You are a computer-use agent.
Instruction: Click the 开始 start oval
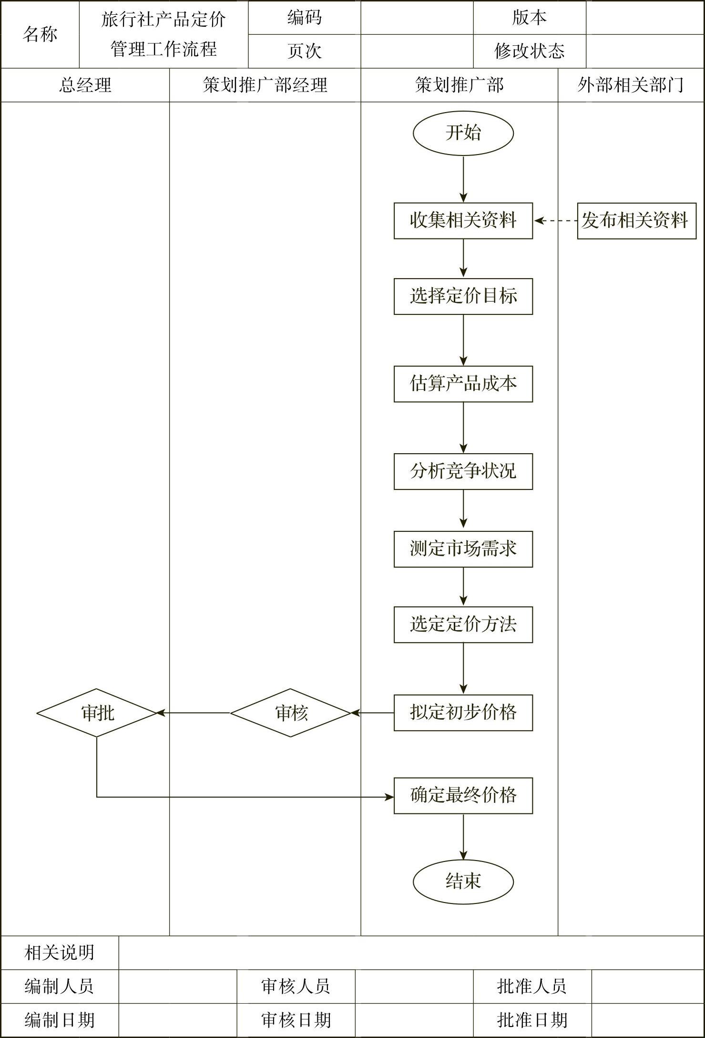pyautogui.click(x=463, y=133)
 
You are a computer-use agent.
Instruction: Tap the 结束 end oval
pyautogui.click(x=463, y=881)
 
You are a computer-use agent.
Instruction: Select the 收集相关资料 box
pyautogui.click(x=463, y=220)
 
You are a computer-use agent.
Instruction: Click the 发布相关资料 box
pyautogui.click(x=636, y=220)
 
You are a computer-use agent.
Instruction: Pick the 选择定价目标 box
pyautogui.click(x=463, y=296)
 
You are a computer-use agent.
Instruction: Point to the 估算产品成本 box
pyautogui.click(x=463, y=384)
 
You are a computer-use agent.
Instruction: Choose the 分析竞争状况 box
pyautogui.click(x=463, y=471)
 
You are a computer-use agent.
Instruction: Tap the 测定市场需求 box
pyautogui.click(x=463, y=549)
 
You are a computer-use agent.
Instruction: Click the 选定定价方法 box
pyautogui.click(x=463, y=624)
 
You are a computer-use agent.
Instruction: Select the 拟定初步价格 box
pyautogui.click(x=463, y=713)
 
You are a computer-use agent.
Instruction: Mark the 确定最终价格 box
pyautogui.click(x=463, y=795)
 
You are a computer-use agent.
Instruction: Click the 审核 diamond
pyautogui.click(x=291, y=713)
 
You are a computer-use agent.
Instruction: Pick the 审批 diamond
pyautogui.click(x=97, y=713)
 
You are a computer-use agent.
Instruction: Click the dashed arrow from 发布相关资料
pyautogui.click(x=555, y=220)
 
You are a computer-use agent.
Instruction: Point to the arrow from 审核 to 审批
pyautogui.click(x=194, y=713)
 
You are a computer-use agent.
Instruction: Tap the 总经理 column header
pyautogui.click(x=85, y=85)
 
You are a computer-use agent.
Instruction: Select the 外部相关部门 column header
pyautogui.click(x=631, y=85)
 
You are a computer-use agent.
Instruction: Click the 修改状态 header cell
pyautogui.click(x=529, y=51)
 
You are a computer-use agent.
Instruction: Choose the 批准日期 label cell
pyautogui.click(x=532, y=1020)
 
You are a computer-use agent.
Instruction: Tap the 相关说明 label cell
pyautogui.click(x=60, y=953)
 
